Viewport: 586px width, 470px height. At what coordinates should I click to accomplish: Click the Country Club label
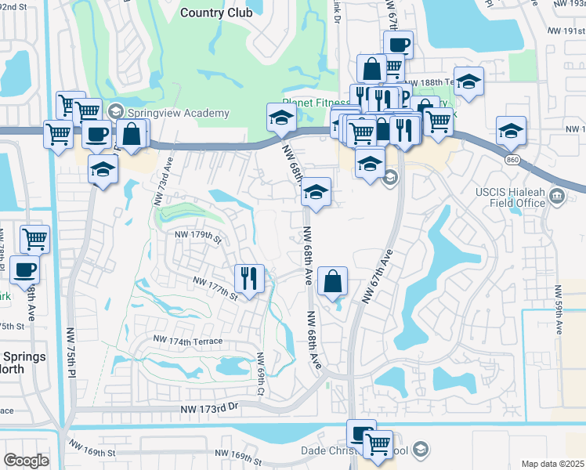(216, 13)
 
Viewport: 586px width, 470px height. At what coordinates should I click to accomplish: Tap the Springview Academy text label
(179, 113)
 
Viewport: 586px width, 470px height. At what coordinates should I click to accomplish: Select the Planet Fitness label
(317, 103)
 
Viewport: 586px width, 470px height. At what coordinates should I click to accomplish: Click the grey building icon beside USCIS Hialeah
(558, 195)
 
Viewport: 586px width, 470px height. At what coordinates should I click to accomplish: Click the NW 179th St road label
(198, 234)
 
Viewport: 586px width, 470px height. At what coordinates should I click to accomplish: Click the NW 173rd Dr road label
(208, 409)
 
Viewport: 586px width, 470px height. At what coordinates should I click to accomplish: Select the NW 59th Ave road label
(559, 306)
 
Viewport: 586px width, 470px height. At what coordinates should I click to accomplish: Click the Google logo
(26, 461)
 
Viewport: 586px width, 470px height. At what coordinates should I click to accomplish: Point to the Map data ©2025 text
(552, 464)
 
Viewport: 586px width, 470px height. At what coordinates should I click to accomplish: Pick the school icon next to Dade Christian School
(421, 449)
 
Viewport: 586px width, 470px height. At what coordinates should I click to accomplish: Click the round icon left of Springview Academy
(118, 113)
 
